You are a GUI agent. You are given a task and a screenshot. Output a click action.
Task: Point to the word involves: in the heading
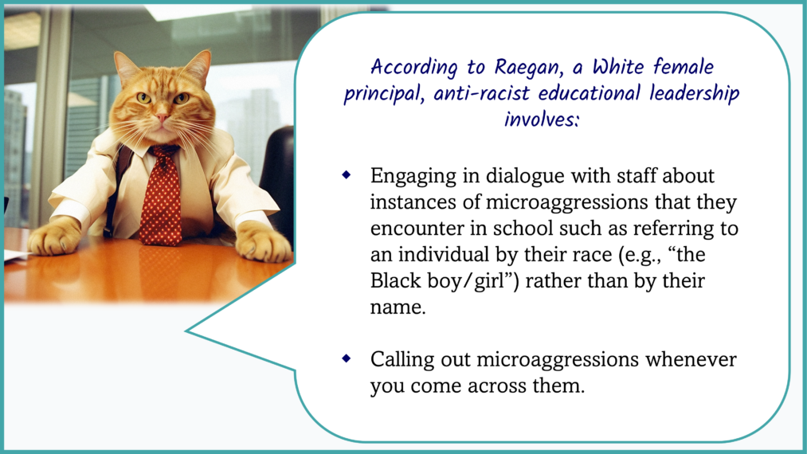[542, 119]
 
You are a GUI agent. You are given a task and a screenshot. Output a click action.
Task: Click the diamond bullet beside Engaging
[347, 175]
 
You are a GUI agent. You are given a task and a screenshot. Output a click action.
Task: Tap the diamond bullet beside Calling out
[347, 358]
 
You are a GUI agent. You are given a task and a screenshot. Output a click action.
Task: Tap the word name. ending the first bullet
[398, 307]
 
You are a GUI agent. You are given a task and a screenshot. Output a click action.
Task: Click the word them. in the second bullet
[558, 386]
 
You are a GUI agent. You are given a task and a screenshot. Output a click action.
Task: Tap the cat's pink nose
[162, 118]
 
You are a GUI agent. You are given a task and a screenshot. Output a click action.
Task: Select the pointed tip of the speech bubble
[186, 331]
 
